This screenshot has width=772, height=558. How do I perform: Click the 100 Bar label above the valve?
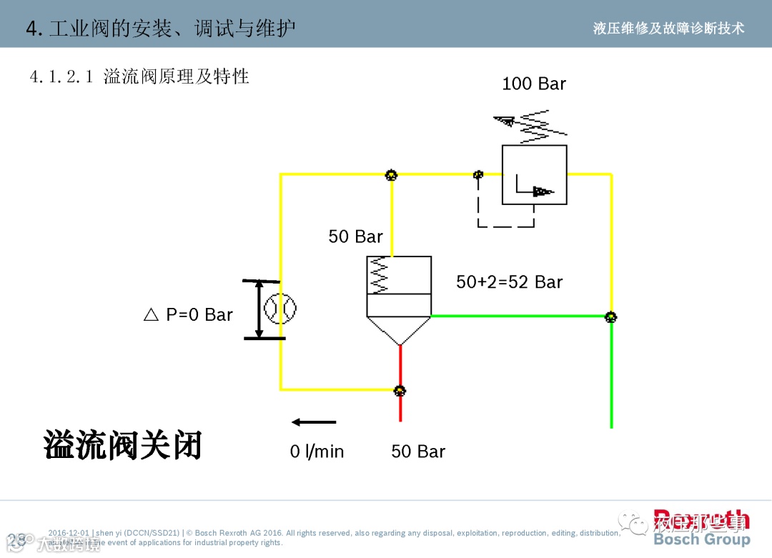pyautogui.click(x=533, y=84)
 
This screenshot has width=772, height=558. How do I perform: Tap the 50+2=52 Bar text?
pyautogui.click(x=509, y=282)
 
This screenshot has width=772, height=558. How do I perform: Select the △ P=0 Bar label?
pyautogui.click(x=189, y=315)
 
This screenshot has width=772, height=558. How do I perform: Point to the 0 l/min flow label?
pyautogui.click(x=317, y=452)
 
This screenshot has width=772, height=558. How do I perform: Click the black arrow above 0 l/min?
pyautogui.click(x=314, y=422)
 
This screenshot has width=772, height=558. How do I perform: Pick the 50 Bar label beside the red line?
pyautogui.click(x=418, y=452)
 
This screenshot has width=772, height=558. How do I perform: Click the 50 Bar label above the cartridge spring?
pyautogui.click(x=355, y=236)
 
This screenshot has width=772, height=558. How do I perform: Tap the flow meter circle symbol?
pyautogui.click(x=279, y=309)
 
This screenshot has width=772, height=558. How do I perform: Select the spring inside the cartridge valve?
pyautogui.click(x=380, y=275)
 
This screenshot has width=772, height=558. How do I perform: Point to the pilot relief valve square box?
pyautogui.click(x=534, y=175)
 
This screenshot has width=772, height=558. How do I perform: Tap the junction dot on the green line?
pyautogui.click(x=610, y=317)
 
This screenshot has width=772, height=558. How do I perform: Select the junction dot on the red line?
pyautogui.click(x=400, y=390)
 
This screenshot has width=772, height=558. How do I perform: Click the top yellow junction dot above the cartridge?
pyautogui.click(x=391, y=175)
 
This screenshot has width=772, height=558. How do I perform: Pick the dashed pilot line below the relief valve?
pyautogui.click(x=505, y=226)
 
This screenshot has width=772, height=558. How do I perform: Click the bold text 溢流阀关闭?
pyautogui.click(x=123, y=444)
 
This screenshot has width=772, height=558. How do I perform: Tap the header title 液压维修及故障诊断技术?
pyautogui.click(x=668, y=28)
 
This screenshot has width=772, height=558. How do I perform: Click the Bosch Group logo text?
pyautogui.click(x=701, y=539)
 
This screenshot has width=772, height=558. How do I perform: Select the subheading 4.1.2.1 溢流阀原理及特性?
pyautogui.click(x=139, y=76)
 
